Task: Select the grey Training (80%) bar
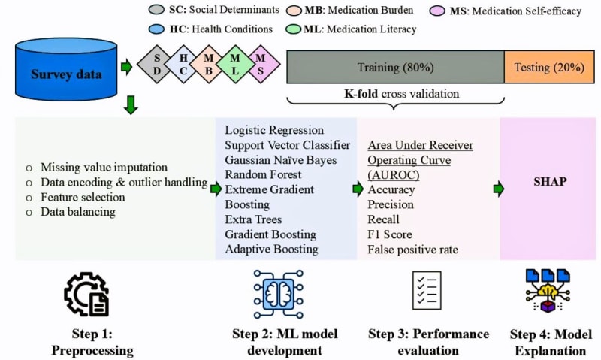(395, 68)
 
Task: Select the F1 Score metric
(389, 234)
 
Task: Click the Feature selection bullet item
(83, 196)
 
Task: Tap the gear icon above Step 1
(86, 295)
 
